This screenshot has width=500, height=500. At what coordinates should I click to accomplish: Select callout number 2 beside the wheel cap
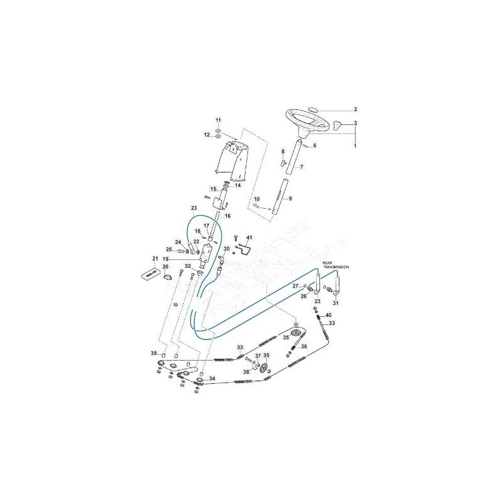356,109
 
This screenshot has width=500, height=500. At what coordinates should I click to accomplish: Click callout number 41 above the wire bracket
248,238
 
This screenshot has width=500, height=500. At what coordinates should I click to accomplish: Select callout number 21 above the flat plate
155,258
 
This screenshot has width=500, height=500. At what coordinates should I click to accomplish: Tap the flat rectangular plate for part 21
151,274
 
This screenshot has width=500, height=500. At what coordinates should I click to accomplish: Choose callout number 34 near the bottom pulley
211,379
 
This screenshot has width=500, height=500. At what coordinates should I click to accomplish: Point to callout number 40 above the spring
329,315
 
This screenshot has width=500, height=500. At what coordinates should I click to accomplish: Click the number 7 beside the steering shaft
301,167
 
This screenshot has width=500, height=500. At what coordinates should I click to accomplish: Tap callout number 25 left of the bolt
169,250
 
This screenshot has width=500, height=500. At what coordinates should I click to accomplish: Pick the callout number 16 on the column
227,216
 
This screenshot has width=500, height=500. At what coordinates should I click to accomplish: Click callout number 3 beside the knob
356,123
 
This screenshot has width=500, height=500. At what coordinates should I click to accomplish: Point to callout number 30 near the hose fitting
227,249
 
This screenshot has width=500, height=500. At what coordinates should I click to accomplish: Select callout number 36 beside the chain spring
304,347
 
